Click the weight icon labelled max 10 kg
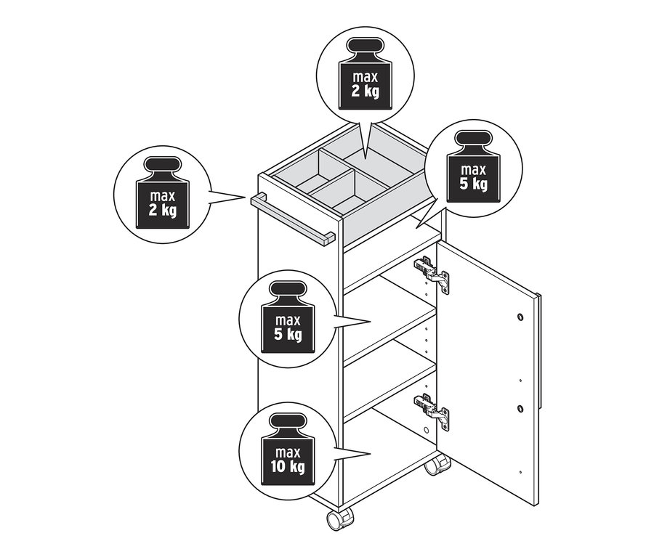(288, 450)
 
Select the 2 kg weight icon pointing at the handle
(163, 197)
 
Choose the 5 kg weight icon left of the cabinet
(288, 320)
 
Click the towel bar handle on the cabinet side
(291, 217)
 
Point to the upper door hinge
(432, 275)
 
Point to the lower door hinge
(432, 410)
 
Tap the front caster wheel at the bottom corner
(339, 520)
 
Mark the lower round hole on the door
(520, 408)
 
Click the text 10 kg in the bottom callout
(288, 466)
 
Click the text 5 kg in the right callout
(472, 184)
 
